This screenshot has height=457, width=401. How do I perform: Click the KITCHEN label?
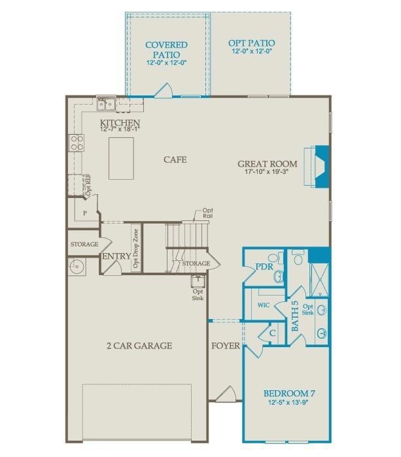[120, 123]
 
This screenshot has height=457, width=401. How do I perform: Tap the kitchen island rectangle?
[120, 158]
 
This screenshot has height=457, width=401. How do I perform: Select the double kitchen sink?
[106, 103]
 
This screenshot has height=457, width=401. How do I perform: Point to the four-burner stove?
[77, 143]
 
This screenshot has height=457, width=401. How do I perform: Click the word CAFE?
[175, 160]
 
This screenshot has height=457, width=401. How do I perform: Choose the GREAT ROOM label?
[268, 164]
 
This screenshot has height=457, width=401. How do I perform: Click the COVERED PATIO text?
[166, 50]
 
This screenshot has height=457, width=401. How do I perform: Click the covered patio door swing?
[164, 90]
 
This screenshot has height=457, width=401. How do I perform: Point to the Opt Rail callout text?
[207, 212]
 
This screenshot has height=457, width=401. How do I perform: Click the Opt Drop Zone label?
[136, 248]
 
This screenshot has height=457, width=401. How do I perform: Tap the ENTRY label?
[115, 256]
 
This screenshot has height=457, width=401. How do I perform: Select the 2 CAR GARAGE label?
[139, 345]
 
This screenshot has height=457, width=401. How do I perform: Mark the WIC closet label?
[264, 305]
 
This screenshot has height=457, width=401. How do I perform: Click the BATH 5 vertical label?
[295, 315]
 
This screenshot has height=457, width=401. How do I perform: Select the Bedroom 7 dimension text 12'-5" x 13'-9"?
[289, 402]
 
